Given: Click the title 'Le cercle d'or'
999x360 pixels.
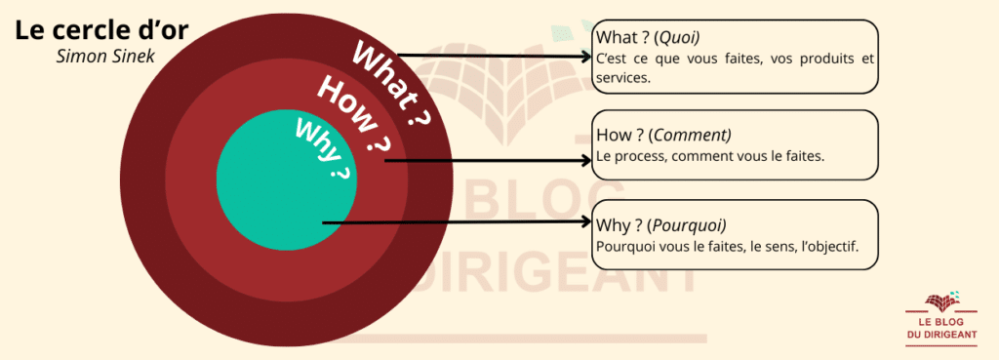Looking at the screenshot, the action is point(101,30).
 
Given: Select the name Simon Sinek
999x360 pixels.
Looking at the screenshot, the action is point(105,56).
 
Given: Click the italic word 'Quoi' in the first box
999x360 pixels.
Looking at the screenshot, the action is point(679,38).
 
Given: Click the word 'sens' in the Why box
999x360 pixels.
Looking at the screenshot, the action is point(780,247).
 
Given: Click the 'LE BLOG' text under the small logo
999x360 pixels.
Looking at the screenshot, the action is point(941,322).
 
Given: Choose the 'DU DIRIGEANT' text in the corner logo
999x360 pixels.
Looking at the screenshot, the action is point(941,335).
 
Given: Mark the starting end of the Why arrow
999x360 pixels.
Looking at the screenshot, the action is point(323,223).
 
